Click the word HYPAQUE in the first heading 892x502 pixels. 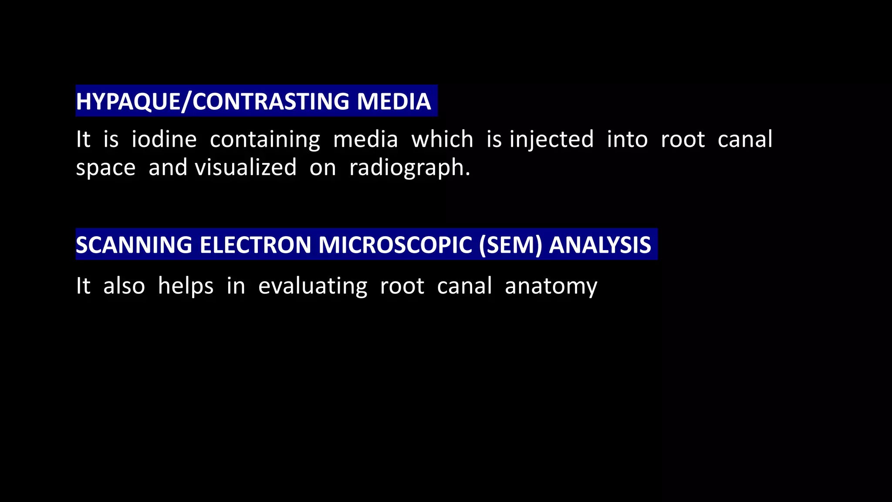click(127, 102)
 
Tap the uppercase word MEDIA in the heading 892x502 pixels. click(394, 102)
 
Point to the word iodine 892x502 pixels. click(164, 139)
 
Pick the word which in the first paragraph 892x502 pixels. click(442, 139)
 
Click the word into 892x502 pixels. click(627, 139)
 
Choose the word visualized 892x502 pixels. click(246, 168)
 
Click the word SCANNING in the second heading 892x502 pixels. click(134, 245)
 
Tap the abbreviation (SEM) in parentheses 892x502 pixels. click(510, 245)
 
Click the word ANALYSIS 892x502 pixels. click(600, 245)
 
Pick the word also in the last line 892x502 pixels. click(124, 286)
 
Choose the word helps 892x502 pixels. click(186, 287)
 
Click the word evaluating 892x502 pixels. click(313, 287)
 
